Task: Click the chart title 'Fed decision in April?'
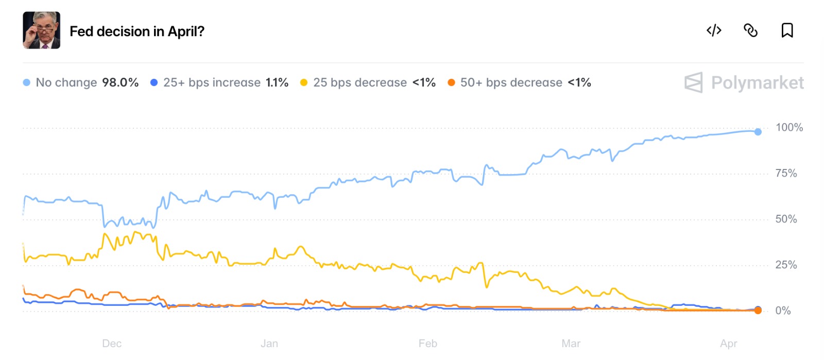(x=137, y=31)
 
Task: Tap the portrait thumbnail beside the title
(x=42, y=30)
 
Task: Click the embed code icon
(x=714, y=30)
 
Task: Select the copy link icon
(x=750, y=30)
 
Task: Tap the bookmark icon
(x=787, y=30)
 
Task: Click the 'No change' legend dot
(x=27, y=82)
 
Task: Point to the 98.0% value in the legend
(x=120, y=82)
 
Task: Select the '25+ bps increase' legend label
(x=212, y=82)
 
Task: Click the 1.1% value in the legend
(x=277, y=82)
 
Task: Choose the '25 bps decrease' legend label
(x=360, y=82)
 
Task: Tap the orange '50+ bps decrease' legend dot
(x=451, y=82)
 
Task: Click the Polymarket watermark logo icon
(x=693, y=82)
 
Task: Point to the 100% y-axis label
(x=789, y=127)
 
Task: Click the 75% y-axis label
(x=786, y=173)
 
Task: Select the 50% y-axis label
(x=786, y=219)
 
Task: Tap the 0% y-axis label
(x=783, y=311)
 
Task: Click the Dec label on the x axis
(x=112, y=344)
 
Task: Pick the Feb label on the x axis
(x=427, y=344)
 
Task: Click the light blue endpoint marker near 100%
(x=758, y=132)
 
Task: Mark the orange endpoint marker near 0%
(x=758, y=311)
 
